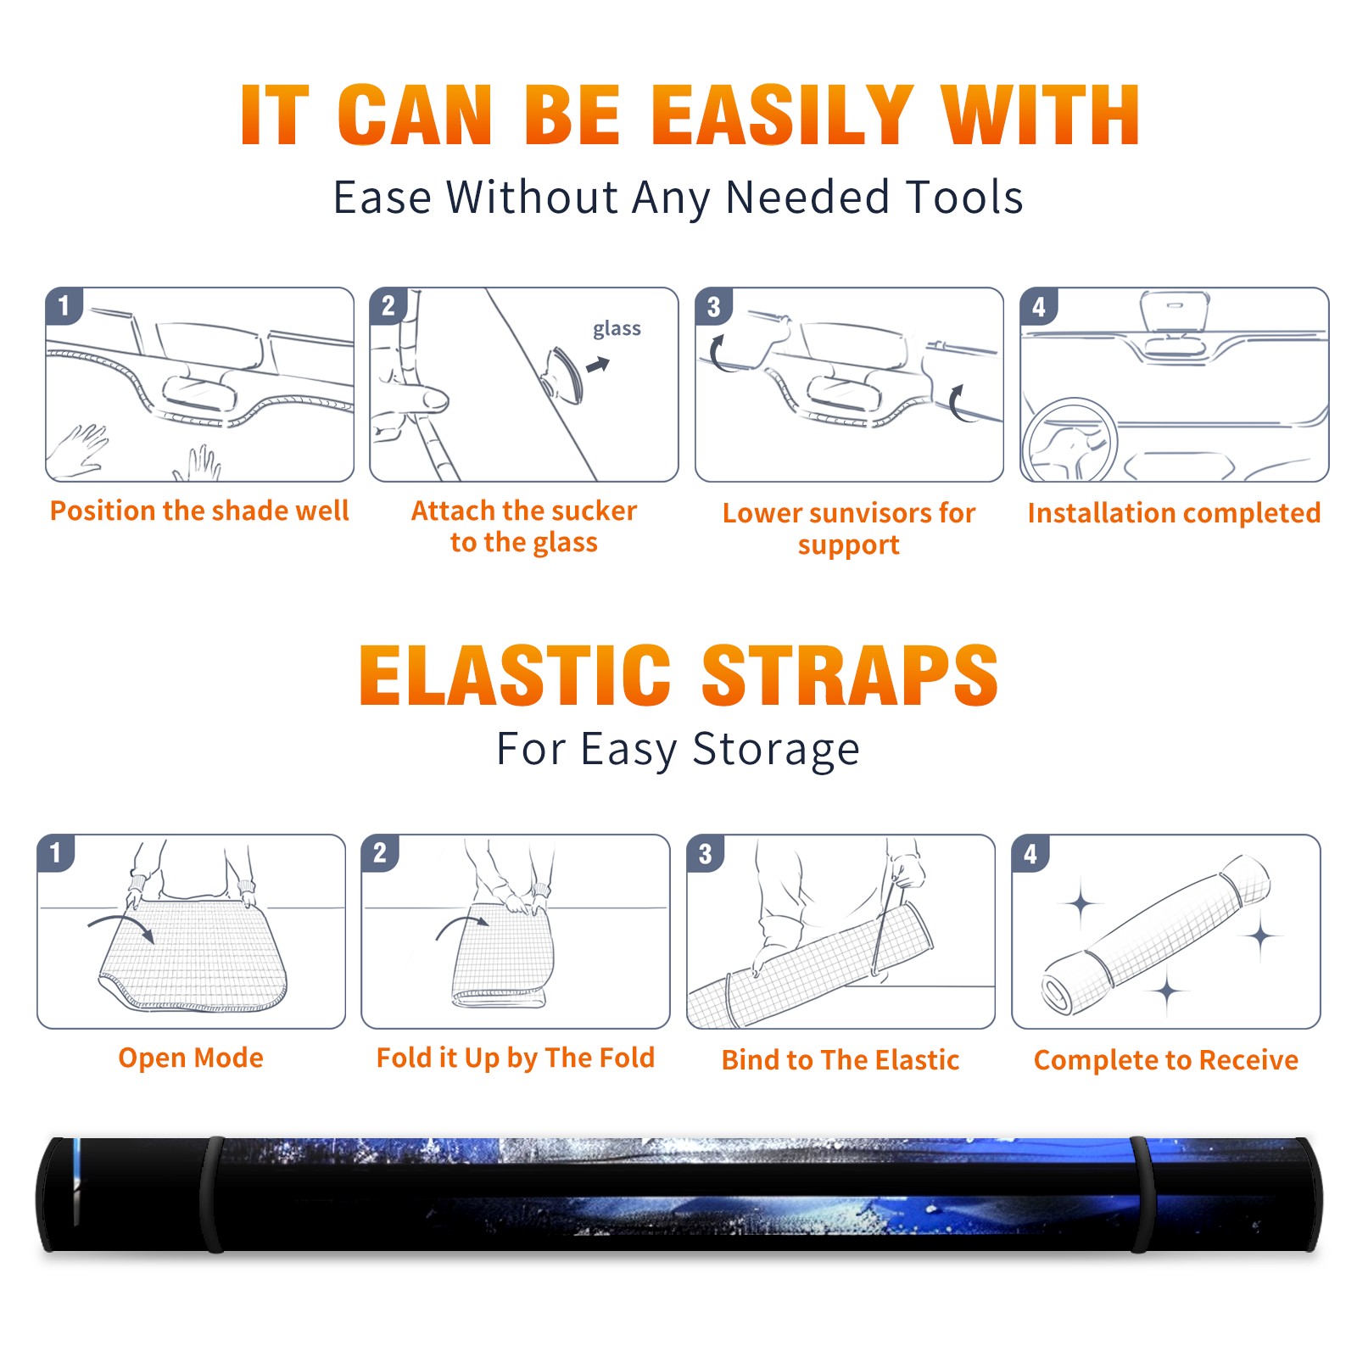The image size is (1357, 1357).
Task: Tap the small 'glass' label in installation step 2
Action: (x=617, y=329)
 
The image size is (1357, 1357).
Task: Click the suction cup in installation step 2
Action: (x=563, y=374)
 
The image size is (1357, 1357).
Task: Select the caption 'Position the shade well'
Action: (x=199, y=511)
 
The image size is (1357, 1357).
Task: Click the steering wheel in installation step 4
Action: (x=1069, y=441)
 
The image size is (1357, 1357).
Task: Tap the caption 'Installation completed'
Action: (x=1174, y=513)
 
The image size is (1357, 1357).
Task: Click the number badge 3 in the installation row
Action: (x=713, y=306)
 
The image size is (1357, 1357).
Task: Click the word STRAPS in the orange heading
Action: (x=850, y=676)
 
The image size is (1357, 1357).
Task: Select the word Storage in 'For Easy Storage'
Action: (x=775, y=749)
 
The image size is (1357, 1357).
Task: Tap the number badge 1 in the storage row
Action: (x=55, y=852)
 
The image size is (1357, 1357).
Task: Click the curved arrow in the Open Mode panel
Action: (x=121, y=926)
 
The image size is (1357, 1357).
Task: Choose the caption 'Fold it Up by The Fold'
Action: (x=516, y=1058)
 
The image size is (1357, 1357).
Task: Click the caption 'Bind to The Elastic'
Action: (x=840, y=1060)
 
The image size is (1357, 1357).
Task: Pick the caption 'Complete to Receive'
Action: (x=1166, y=1060)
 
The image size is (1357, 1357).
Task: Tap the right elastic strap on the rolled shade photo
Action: (x=1142, y=1194)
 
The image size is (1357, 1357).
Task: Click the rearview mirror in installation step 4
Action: (x=1175, y=311)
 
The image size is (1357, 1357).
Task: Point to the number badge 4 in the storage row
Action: (x=1030, y=852)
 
